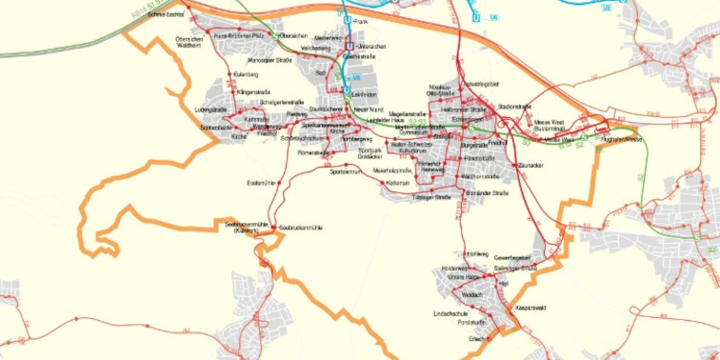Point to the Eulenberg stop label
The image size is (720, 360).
pyautogui.click(x=246, y=73)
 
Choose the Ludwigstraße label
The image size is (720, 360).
pyautogui.click(x=214, y=110)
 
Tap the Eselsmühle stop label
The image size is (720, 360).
pyautogui.click(x=260, y=181)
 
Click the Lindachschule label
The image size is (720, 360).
pyautogui.click(x=450, y=312)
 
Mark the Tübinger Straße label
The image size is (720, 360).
pyautogui.click(x=430, y=197)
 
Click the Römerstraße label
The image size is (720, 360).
pyautogui.click(x=313, y=152)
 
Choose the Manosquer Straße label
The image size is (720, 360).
pyautogui.click(x=270, y=60)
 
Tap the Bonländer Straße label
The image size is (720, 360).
pyautogui.click(x=488, y=193)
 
